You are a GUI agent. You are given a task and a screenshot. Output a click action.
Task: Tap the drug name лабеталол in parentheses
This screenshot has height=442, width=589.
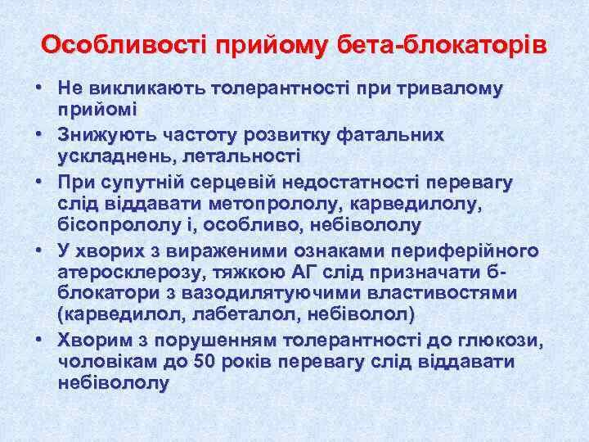(263, 314)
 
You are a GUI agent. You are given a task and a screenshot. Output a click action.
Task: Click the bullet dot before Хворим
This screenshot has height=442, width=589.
(39, 338)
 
